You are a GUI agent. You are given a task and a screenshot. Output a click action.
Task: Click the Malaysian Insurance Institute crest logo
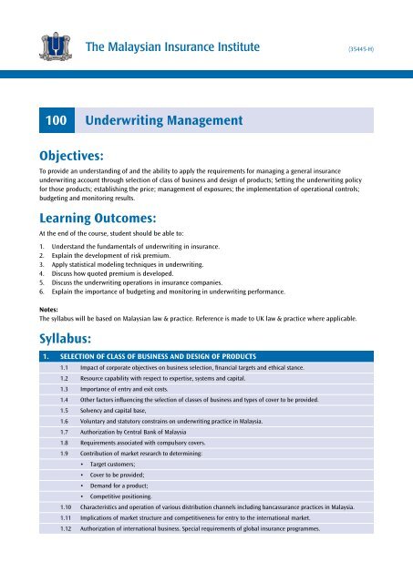coord(46,43)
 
